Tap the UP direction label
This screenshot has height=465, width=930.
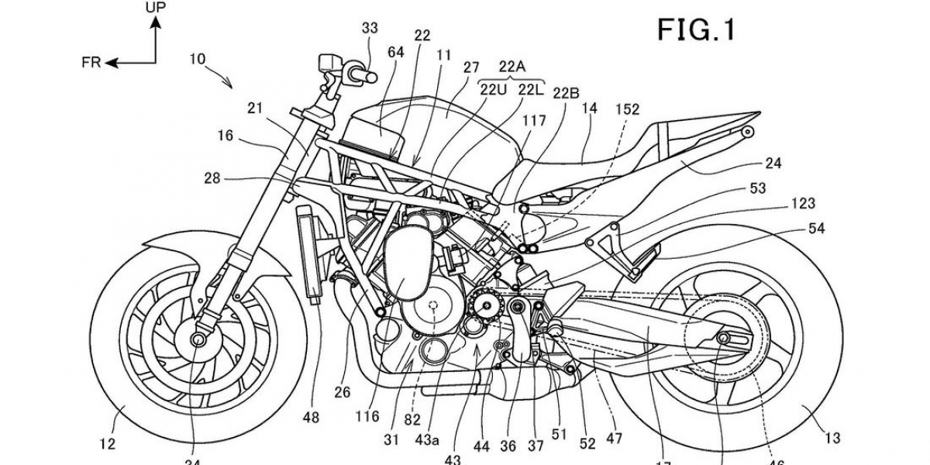tap(155, 8)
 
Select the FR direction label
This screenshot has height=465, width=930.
tap(91, 63)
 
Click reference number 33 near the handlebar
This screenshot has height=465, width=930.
tap(370, 29)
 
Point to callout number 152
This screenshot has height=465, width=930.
tap(628, 109)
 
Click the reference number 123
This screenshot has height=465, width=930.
tap(803, 204)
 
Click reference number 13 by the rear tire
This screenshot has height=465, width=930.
tap(832, 439)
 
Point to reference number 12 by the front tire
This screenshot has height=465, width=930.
tap(107, 443)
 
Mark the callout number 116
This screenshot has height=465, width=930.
tap(367, 416)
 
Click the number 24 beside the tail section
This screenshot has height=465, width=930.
tap(773, 164)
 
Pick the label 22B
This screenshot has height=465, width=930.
tap(566, 93)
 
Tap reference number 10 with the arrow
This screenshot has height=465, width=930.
tap(198, 58)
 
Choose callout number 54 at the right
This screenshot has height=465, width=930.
tap(816, 229)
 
